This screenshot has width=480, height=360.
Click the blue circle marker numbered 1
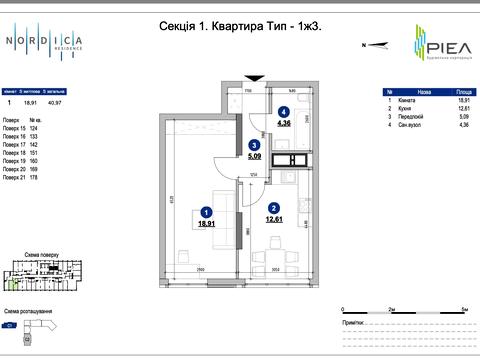206,212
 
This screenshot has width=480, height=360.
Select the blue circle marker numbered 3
254,145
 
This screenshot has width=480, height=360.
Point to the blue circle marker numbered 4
284,112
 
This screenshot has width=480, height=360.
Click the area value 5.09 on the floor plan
254,156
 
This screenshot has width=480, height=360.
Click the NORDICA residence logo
46,42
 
